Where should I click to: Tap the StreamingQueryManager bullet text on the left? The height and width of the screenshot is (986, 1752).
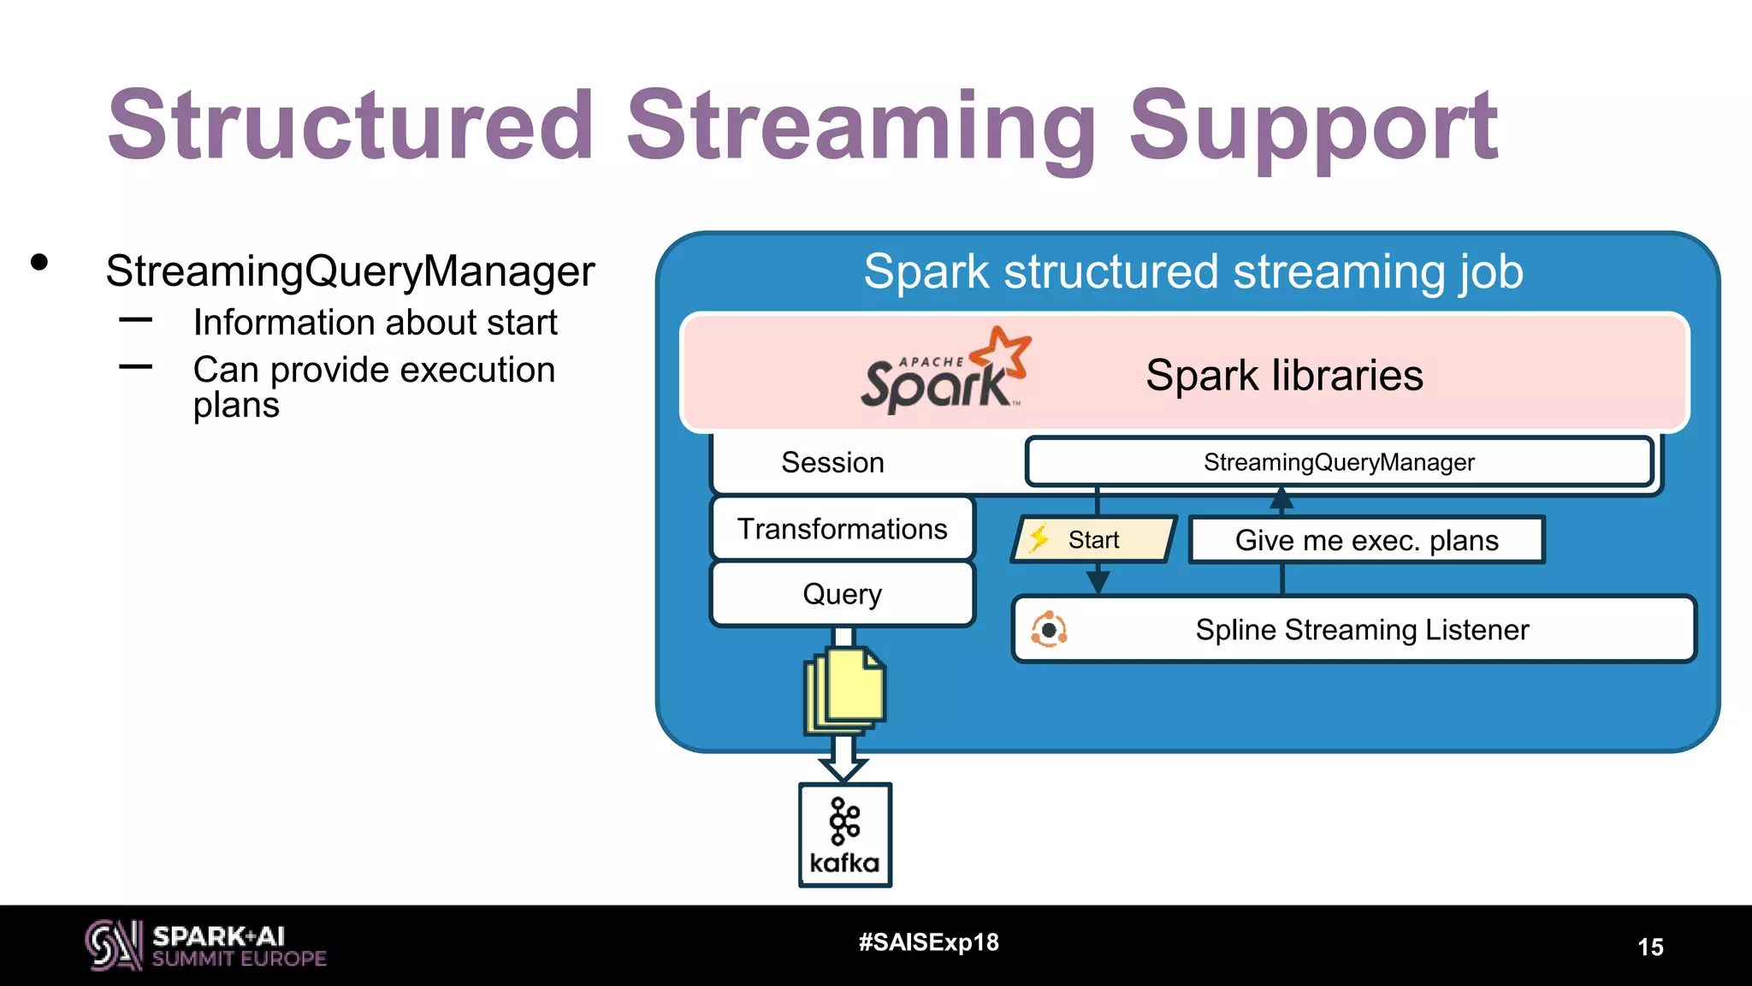point(350,271)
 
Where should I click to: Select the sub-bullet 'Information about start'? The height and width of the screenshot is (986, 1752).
point(375,323)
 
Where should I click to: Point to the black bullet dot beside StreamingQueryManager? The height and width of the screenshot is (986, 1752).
point(39,263)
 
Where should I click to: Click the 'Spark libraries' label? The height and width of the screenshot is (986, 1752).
point(1283,375)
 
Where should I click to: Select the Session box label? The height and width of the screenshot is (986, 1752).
point(832,462)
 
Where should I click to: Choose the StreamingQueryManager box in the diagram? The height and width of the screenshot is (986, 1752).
point(1339,462)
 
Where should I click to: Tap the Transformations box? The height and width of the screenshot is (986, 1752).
point(842,529)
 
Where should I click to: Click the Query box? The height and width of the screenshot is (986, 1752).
point(842,593)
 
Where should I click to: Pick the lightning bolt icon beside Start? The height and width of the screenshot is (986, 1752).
point(1039,538)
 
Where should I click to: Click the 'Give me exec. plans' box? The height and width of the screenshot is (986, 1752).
point(1366,540)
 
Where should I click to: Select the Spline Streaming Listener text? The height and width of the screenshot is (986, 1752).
point(1361,630)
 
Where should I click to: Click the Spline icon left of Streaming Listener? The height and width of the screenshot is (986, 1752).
point(1049,630)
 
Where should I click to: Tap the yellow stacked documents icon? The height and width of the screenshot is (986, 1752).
point(845,690)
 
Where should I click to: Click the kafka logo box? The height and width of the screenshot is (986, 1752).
point(844,835)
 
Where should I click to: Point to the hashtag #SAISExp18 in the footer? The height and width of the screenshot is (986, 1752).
point(928,942)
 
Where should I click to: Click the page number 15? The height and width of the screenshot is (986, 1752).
point(1650,947)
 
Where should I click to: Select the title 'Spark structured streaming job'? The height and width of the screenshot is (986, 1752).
point(1193,272)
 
